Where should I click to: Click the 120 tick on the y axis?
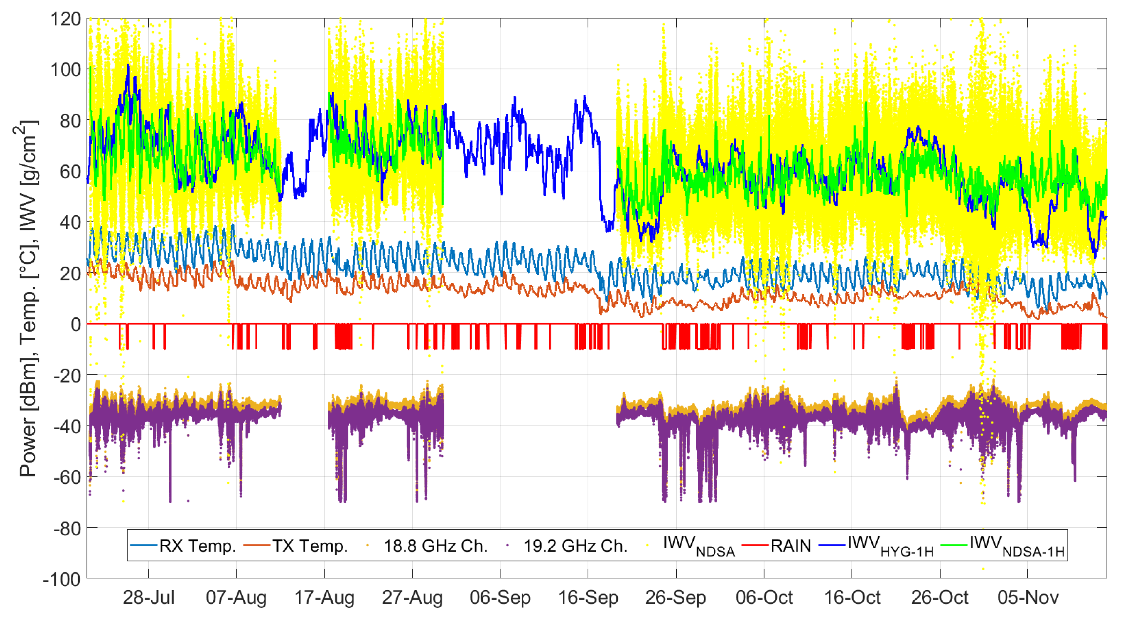tap(66, 19)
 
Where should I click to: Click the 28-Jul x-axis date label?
tap(148, 597)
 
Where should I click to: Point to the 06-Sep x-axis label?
tap(500, 597)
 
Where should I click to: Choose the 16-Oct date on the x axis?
tap(852, 597)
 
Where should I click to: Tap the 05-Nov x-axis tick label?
tap(1028, 597)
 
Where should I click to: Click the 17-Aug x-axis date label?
tap(324, 597)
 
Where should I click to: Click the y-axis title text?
tap(29, 298)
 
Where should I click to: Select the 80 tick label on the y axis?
tap(70, 121)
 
